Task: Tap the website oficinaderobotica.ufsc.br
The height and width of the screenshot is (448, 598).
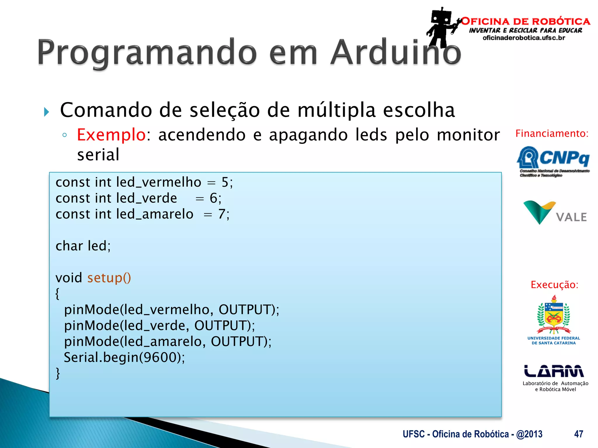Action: [x=524, y=38]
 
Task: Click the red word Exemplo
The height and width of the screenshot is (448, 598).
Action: [x=111, y=135]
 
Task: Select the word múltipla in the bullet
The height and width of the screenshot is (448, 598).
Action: [x=336, y=110]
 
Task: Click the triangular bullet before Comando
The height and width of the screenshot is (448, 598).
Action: [x=46, y=112]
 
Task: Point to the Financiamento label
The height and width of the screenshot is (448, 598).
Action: [x=552, y=134]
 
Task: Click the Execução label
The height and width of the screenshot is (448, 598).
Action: [x=554, y=285]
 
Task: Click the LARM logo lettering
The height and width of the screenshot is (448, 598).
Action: [x=554, y=371]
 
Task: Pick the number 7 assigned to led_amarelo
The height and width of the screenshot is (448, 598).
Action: [x=222, y=214]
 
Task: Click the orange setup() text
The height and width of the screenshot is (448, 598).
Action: [x=109, y=278]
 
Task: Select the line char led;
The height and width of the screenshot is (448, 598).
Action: [x=83, y=246]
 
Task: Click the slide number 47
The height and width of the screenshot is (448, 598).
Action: [x=578, y=434]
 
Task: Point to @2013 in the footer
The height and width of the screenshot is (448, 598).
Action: [x=529, y=434]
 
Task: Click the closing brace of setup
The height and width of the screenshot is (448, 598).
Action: [x=58, y=373]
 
